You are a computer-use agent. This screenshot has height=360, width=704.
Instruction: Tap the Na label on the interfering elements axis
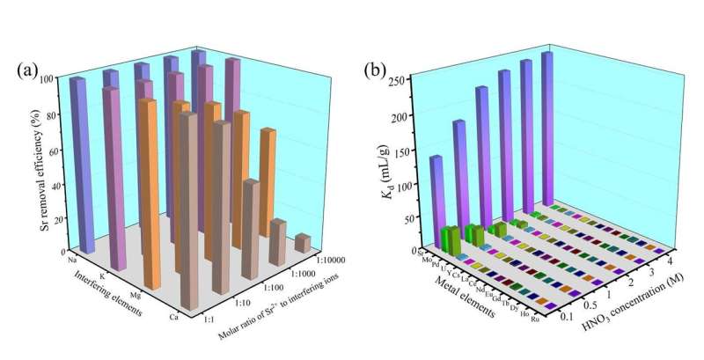coord(70,259)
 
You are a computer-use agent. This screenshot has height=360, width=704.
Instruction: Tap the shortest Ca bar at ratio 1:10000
coord(303,242)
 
